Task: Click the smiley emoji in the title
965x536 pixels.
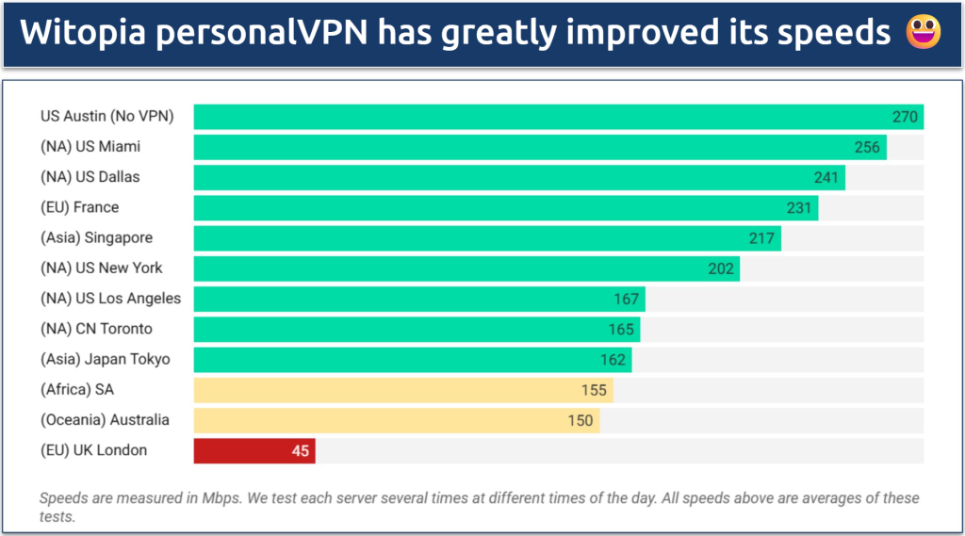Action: [x=918, y=33]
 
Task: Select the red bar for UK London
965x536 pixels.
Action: [x=254, y=450]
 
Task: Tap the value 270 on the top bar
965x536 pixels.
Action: [x=905, y=117]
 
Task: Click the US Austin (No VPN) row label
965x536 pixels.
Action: [x=106, y=117]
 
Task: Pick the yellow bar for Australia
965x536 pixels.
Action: [x=396, y=420]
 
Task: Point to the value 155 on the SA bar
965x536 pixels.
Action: [x=594, y=390]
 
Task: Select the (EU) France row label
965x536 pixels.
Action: [x=79, y=207]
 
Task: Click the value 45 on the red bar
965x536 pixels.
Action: [x=300, y=450]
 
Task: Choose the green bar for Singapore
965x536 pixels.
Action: [x=486, y=238]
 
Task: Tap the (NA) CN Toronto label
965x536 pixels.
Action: [x=96, y=329]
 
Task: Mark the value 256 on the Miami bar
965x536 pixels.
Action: [x=867, y=147]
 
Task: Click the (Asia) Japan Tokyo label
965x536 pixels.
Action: [x=105, y=359]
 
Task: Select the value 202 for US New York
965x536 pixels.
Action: [x=721, y=268]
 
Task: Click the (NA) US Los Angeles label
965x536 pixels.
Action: [x=110, y=299]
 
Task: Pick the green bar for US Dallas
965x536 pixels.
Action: [x=518, y=177]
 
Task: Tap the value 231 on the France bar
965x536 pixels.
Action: [x=799, y=207]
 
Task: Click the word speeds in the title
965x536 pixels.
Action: [x=839, y=33]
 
